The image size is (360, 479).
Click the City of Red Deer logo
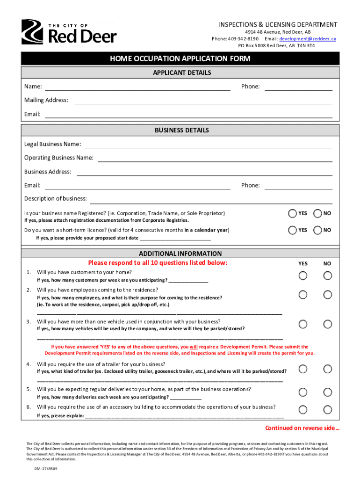(69, 32)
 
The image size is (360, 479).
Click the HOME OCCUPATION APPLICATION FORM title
(180, 58)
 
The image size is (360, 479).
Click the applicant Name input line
(137, 87)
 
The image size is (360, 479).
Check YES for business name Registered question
(293, 213)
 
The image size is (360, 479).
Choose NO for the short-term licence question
(318, 230)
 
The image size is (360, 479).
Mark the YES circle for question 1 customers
(303, 276)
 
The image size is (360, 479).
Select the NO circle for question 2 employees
(328, 295)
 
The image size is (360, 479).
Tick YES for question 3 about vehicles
(303, 324)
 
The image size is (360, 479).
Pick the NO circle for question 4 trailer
(328, 369)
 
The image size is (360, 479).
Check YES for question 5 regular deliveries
(303, 392)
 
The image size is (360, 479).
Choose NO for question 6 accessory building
(328, 410)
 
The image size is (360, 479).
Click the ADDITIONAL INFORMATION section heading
(180, 253)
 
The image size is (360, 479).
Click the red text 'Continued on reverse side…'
(302, 428)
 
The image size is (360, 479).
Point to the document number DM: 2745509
(45, 468)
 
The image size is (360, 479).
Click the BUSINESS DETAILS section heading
(180, 130)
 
